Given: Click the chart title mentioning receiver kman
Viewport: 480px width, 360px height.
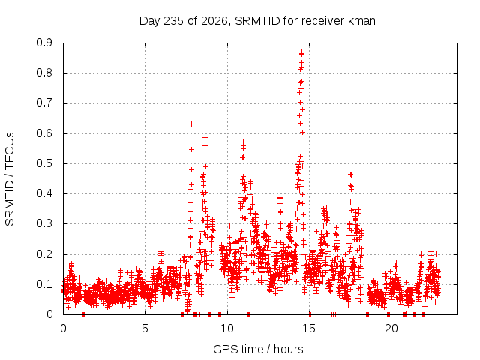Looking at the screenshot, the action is pyautogui.click(x=257, y=21).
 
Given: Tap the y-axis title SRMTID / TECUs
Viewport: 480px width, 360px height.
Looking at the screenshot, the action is pyautogui.click(x=10, y=179).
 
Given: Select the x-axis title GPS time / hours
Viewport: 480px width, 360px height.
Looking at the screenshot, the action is pyautogui.click(x=258, y=349).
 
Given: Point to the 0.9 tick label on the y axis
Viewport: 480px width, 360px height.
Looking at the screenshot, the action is pyautogui.click(x=44, y=43).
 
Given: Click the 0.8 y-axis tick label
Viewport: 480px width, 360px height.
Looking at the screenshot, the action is pyautogui.click(x=44, y=73).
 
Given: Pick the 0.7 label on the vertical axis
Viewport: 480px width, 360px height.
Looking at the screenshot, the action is pyautogui.click(x=44, y=103).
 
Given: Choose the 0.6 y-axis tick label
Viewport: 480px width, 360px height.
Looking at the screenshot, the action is pyautogui.click(x=44, y=133).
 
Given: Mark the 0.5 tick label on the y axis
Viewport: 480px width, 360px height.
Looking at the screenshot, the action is pyautogui.click(x=44, y=163).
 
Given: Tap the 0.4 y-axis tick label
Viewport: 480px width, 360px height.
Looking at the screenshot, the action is pyautogui.click(x=44, y=193).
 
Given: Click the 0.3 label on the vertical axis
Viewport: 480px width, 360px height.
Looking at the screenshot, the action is pyautogui.click(x=44, y=223).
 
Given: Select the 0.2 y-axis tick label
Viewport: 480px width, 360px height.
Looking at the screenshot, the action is pyautogui.click(x=44, y=254).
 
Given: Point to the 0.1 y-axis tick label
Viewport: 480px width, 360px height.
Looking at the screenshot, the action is pyautogui.click(x=44, y=284).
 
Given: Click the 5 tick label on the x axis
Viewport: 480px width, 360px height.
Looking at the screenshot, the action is pyautogui.click(x=145, y=328).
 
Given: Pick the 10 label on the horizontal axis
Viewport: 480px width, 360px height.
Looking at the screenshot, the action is pyautogui.click(x=227, y=328).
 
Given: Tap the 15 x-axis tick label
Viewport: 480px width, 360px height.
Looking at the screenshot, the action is pyautogui.click(x=309, y=328).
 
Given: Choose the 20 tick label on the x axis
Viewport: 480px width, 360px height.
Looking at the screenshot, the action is pyautogui.click(x=391, y=328).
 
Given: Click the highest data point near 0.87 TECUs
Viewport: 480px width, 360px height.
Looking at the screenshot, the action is pyautogui.click(x=301, y=53).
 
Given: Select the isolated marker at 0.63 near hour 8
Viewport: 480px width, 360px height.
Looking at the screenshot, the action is pyautogui.click(x=192, y=124).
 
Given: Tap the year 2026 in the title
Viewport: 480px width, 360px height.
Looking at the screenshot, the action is pyautogui.click(x=214, y=22).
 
